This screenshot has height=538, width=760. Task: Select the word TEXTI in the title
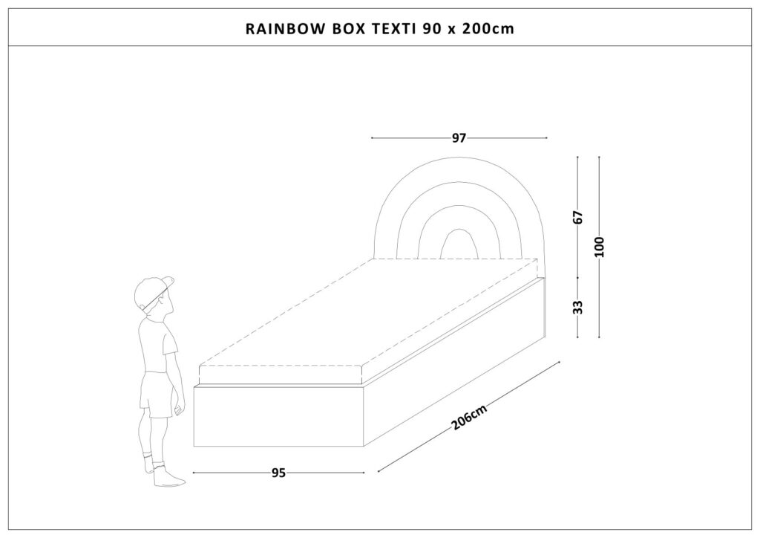coord(393,29)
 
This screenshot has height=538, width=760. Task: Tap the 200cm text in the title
coord(488,29)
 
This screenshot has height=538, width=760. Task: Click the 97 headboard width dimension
coord(459,138)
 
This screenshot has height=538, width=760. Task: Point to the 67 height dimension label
coord(577,217)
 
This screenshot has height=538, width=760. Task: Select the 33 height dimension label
coord(577,307)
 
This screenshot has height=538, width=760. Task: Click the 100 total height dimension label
coord(600,247)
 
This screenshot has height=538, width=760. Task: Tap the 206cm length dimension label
coord(469,417)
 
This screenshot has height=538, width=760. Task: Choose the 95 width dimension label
coord(279,473)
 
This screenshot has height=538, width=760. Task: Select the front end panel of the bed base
coord(279,416)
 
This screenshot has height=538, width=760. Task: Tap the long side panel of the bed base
coord(455,361)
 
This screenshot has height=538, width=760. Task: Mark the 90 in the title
coord(430,29)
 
